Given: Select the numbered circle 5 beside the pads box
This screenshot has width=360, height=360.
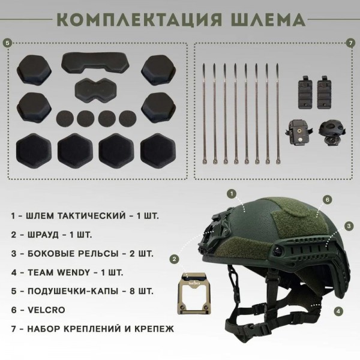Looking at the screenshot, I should pos(7,43).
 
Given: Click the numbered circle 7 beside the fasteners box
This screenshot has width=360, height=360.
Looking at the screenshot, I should pos(351,43).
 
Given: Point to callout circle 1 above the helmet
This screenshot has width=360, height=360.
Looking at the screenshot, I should pos(232,193).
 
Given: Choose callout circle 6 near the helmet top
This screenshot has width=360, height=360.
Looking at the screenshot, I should pos(328,199).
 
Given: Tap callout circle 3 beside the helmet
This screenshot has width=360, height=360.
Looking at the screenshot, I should pos(347,226).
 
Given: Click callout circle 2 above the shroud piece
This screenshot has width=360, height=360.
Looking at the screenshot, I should pos(174,259).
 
